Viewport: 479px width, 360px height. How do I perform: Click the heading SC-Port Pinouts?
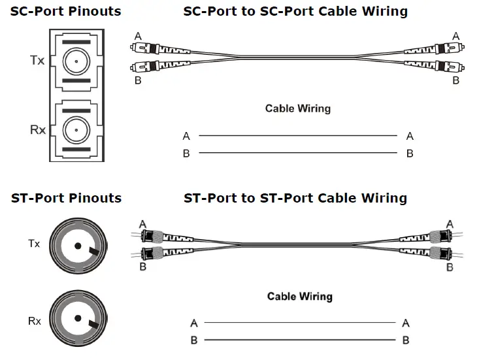tap(65, 12)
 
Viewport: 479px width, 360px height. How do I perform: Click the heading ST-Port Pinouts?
tap(65, 198)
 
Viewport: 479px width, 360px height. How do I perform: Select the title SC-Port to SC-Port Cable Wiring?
tap(295, 12)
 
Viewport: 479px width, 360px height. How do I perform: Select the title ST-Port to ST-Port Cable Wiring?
tap(295, 198)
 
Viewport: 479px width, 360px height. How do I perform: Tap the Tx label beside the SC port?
tap(37, 60)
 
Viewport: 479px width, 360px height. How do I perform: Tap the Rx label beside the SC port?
tap(38, 130)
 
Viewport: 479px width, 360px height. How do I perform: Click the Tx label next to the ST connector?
tap(34, 244)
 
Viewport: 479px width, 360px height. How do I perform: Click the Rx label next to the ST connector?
tap(34, 321)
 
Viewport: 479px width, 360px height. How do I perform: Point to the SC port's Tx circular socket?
tap(76, 63)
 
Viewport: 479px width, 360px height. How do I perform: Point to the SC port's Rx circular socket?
tap(76, 130)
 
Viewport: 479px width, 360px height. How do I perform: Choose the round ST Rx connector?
tap(77, 318)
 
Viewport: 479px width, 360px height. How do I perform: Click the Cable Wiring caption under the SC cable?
tap(297, 108)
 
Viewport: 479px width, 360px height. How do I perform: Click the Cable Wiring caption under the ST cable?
tap(299, 297)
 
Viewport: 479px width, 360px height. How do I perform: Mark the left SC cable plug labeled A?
tap(157, 48)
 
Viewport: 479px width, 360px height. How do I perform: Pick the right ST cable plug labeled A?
tap(431, 236)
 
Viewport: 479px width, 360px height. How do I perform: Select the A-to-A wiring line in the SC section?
tap(297, 136)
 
